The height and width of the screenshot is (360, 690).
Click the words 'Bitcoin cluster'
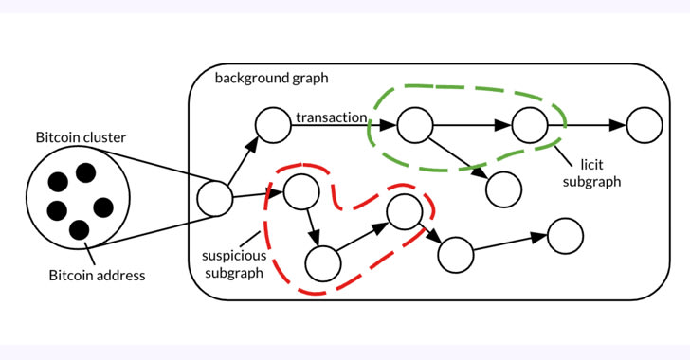pyautogui.click(x=81, y=137)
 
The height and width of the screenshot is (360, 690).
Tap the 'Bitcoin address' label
pyautogui.click(x=97, y=276)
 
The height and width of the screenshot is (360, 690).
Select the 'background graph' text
pyautogui.click(x=271, y=79)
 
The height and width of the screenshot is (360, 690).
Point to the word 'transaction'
pyautogui.click(x=332, y=117)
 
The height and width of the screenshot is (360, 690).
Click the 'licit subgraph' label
pyautogui.click(x=591, y=173)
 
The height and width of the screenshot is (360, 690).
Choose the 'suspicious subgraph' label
pyautogui.click(x=234, y=264)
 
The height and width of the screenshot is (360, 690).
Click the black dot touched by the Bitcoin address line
pyautogui.click(x=80, y=230)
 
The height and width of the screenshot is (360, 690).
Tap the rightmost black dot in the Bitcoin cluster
pyautogui.click(x=103, y=207)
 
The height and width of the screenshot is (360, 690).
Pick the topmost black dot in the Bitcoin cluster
pyautogui.click(x=86, y=173)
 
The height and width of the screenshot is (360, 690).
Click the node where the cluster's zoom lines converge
pyautogui.click(x=215, y=199)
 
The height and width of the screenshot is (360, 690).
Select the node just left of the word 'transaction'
pyautogui.click(x=273, y=125)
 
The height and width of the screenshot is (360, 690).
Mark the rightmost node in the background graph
pyautogui.click(x=645, y=125)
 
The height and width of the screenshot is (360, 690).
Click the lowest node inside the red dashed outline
pyautogui.click(x=323, y=263)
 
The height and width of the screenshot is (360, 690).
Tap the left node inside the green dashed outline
pyautogui.click(x=415, y=125)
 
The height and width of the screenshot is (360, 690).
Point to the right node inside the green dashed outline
pyautogui.click(x=530, y=125)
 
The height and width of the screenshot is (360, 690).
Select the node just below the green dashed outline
pyautogui.click(x=504, y=189)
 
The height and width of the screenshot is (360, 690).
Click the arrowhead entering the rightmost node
pyautogui.click(x=618, y=125)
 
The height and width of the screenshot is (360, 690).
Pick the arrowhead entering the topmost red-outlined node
pyautogui.click(x=276, y=192)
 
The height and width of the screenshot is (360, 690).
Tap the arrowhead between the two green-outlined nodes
pyautogui.click(x=503, y=125)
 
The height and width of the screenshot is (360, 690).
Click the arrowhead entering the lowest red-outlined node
pyautogui.click(x=315, y=237)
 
